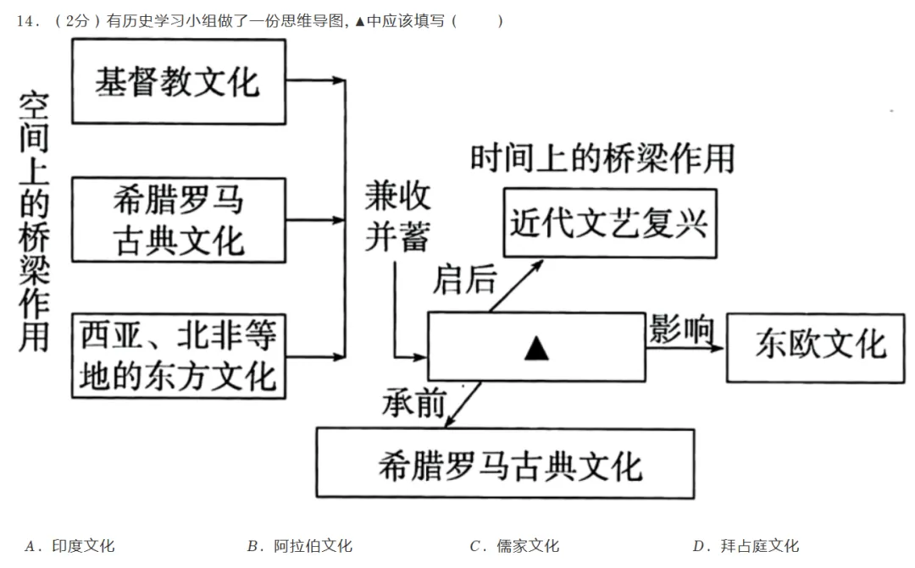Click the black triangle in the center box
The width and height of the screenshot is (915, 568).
536,348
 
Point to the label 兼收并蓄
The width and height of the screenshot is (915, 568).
398,217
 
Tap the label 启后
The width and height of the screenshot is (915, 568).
464,279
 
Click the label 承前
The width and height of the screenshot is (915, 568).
414,402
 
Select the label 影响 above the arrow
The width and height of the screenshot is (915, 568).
681,328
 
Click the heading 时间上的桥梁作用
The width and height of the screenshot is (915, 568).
602,158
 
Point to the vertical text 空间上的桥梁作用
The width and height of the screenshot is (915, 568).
34,221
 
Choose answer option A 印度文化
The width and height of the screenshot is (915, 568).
69,546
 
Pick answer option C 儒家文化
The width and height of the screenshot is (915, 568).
514,546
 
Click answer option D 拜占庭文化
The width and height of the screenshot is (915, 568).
746,546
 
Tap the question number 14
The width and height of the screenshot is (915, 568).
27,21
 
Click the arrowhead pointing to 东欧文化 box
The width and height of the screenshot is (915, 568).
718,348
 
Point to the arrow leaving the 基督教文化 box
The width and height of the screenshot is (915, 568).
316,80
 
